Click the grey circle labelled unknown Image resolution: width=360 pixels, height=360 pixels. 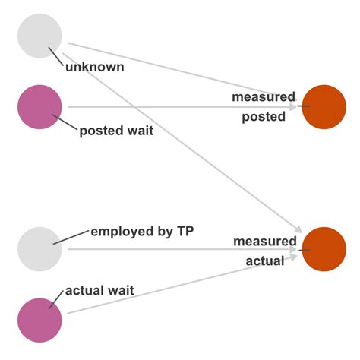point(39,36)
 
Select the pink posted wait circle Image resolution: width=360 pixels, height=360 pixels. point(39,107)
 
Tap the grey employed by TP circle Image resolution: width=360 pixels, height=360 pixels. point(39,248)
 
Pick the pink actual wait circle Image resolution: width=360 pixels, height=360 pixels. point(39,320)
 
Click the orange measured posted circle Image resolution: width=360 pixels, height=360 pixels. point(324,106)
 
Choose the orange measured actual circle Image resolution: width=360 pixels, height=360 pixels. point(324,249)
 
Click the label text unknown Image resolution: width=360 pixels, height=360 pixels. point(94,67)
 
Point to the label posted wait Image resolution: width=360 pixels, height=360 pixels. point(116,131)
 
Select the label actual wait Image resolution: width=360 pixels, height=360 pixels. point(99,290)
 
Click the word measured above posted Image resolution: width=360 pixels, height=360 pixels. point(264,97)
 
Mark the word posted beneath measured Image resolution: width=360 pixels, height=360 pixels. point(264,116)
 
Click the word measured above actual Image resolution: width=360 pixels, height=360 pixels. point(264,241)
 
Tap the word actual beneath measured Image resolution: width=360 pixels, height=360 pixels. point(264,261)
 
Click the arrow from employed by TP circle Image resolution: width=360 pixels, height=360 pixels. point(152,248)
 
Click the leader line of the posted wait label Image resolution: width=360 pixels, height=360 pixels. point(65,122)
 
